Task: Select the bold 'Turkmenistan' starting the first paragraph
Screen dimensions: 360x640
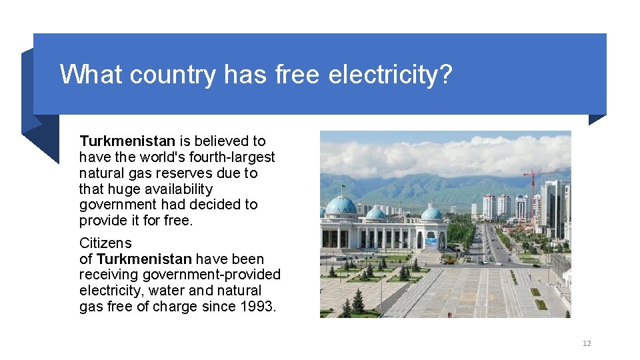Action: pos(127,141)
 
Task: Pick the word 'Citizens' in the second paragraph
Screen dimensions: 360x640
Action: pos(105,243)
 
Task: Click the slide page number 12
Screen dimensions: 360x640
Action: pos(587,343)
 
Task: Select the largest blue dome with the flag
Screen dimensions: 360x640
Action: pos(341,205)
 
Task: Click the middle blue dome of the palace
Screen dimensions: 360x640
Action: pos(376,213)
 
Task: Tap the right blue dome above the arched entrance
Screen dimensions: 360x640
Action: pos(431,213)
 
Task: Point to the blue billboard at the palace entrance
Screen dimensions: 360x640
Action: pos(431,243)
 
